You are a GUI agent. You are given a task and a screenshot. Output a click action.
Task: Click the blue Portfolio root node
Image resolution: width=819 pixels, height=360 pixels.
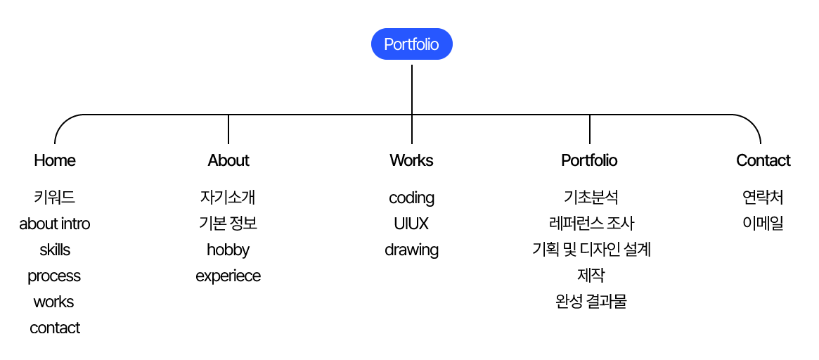click(411, 44)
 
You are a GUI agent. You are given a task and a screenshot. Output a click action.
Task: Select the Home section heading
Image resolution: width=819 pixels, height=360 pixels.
click(54, 160)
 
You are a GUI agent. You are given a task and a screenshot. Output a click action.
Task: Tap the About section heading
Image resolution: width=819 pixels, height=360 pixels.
click(228, 160)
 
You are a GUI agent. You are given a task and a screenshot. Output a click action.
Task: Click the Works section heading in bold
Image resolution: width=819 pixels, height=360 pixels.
click(411, 160)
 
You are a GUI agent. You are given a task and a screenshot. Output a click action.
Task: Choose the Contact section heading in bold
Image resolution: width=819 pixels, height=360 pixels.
click(763, 160)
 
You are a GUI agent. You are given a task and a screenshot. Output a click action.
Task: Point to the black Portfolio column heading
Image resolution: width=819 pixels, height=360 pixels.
click(589, 160)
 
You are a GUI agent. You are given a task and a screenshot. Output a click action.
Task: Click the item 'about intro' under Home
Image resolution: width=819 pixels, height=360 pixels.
click(54, 224)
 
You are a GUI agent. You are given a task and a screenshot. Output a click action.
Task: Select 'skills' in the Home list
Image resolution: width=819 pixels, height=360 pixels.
click(54, 250)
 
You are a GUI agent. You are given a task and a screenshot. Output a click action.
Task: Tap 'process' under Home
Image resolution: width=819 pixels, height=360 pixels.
click(54, 276)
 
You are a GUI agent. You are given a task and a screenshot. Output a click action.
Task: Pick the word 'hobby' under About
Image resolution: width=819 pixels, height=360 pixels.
click(228, 250)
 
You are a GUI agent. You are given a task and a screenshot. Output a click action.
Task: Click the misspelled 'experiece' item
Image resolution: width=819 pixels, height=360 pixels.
click(228, 276)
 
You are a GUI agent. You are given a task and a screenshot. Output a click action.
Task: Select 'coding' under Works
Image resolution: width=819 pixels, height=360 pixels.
click(411, 198)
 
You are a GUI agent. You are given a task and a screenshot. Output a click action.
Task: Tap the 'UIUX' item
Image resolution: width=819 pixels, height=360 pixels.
click(411, 224)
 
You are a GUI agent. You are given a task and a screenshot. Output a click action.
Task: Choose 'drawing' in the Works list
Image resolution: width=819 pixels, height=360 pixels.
click(411, 250)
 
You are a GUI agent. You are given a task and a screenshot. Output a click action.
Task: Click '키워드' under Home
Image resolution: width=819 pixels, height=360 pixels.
click(54, 198)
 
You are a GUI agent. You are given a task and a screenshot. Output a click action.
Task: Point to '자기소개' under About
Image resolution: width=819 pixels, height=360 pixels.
click(228, 198)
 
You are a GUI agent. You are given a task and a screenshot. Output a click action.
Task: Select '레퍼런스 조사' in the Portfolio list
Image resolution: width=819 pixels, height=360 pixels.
click(591, 224)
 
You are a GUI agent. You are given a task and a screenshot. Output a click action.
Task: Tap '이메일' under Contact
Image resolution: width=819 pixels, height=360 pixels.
click(763, 224)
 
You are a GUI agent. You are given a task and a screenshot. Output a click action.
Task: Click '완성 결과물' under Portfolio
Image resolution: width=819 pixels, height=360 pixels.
click(591, 302)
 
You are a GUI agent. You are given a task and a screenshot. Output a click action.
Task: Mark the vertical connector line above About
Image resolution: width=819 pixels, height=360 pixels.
click(228, 129)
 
